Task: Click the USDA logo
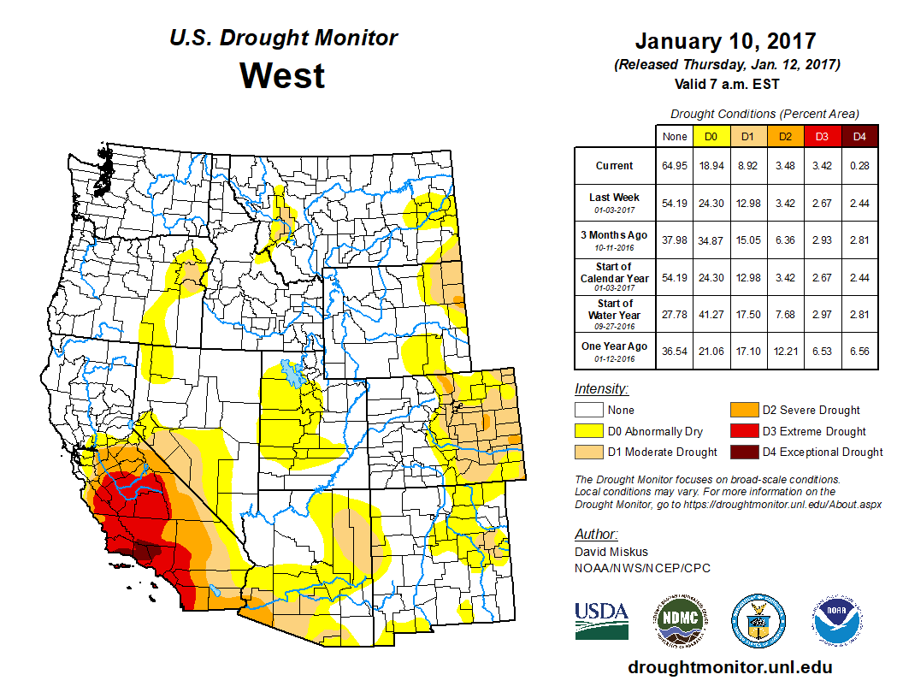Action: pos(601,620)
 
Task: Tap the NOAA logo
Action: pos(839,620)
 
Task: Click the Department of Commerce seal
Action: pos(758,620)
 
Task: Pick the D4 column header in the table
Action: pos(859,136)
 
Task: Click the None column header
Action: pos(675,136)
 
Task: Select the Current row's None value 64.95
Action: pos(675,166)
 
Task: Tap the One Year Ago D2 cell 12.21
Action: pos(786,351)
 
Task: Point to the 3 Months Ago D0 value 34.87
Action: pos(711,240)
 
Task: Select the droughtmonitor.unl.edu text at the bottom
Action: pos(729,667)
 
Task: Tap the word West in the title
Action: pos(282,75)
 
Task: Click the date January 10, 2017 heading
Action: pos(726,41)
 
